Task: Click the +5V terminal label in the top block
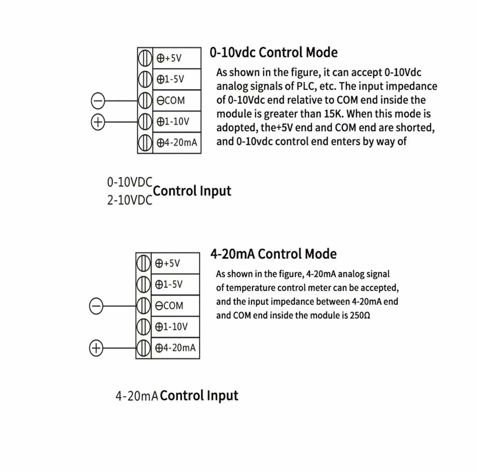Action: coord(169,58)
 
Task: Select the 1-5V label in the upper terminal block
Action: coord(170,79)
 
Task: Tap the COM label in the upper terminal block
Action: coord(171,100)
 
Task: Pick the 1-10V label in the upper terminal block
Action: coord(173,121)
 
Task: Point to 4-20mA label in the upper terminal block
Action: coord(177,143)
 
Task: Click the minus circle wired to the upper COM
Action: coord(98,101)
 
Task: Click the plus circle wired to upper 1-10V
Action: coord(98,122)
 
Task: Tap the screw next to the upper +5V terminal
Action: coord(145,58)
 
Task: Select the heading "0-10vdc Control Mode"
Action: coord(274,53)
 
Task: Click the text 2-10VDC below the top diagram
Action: coord(130,200)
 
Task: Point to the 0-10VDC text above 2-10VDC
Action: coord(130,182)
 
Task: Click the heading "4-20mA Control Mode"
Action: coord(273,254)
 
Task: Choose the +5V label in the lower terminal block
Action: coord(168,263)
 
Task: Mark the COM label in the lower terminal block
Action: coord(169,306)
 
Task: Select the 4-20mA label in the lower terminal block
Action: coord(175,348)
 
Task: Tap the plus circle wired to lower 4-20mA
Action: coord(96,348)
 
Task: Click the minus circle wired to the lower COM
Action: coord(96,306)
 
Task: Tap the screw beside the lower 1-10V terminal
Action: coord(143,327)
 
